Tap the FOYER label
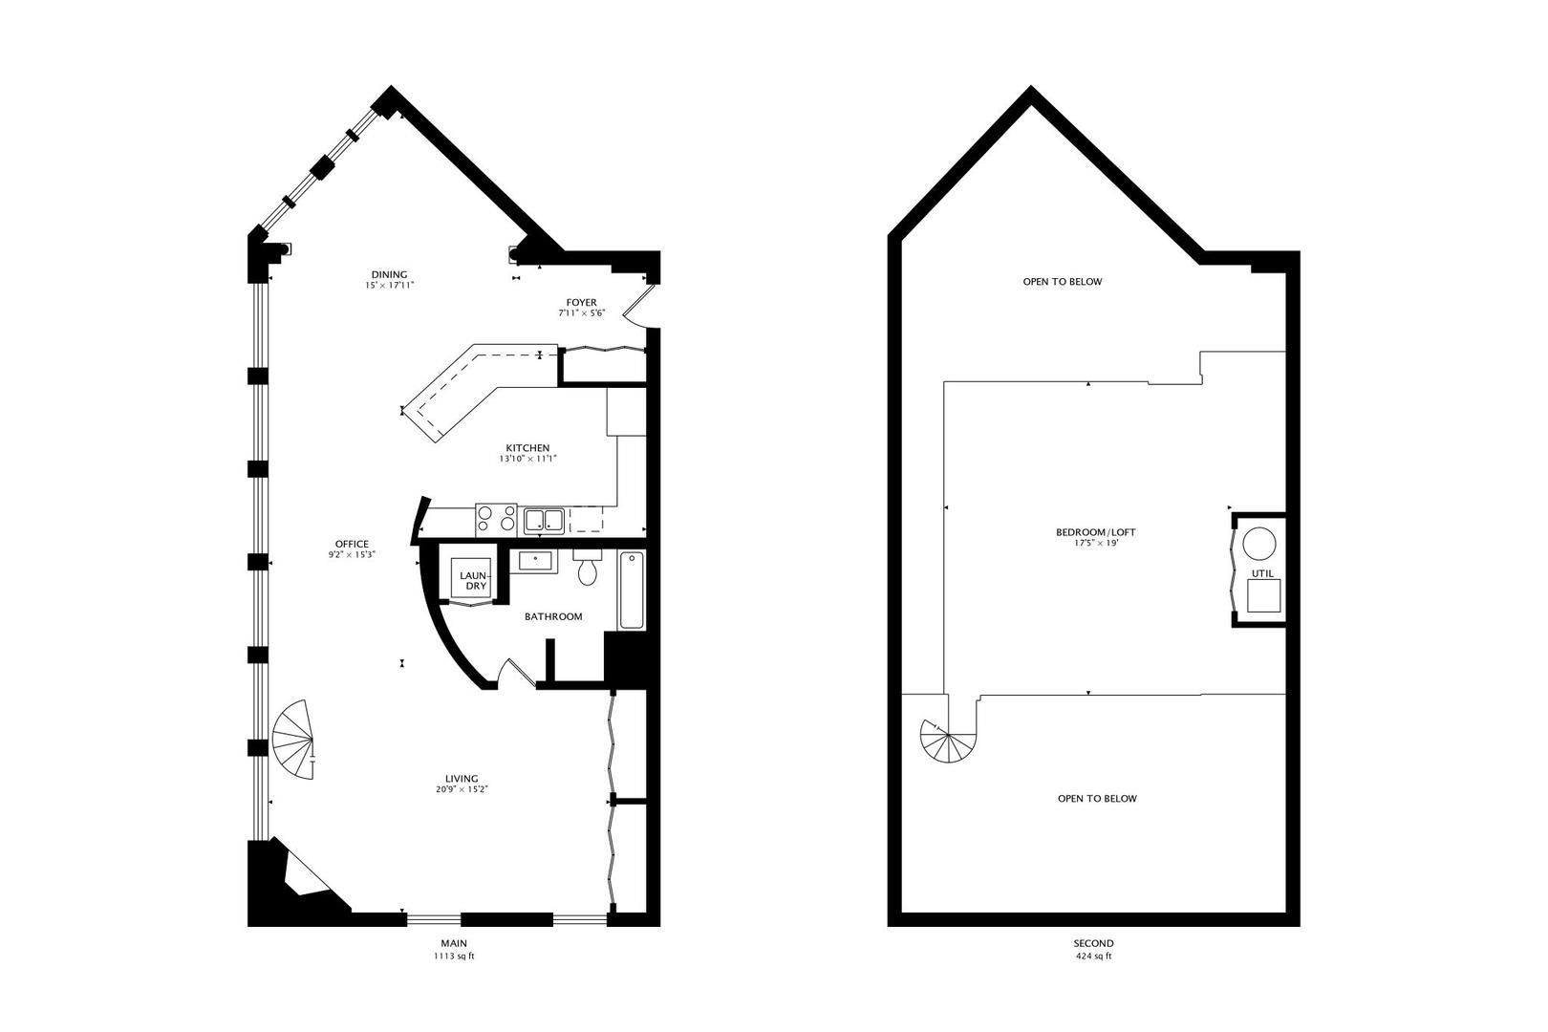[x=581, y=303]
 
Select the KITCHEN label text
[x=527, y=448]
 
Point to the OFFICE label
[x=352, y=545]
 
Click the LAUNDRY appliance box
[x=473, y=581]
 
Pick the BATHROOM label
[x=553, y=617]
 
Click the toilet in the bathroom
[x=586, y=568]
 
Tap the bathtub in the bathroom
[x=631, y=591]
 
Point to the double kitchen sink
[x=543, y=520]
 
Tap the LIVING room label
[x=462, y=779]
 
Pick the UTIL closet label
[x=1262, y=573]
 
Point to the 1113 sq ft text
[x=454, y=956]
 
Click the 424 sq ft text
[x=1094, y=956]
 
